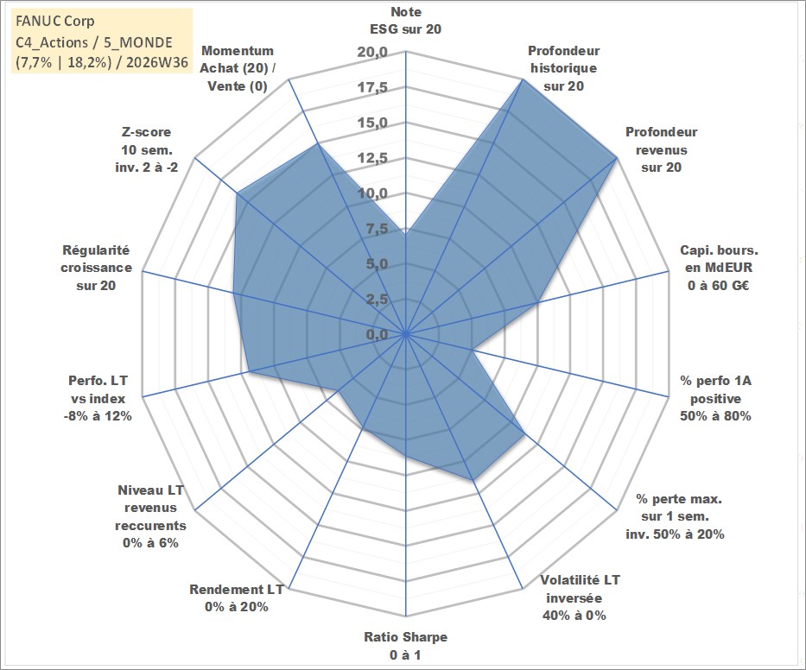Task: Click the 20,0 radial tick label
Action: coord(372,53)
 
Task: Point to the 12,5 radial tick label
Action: coord(372,158)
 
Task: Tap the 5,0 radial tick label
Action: coord(377,264)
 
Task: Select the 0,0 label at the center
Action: coord(377,334)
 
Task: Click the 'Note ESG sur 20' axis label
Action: coord(405,21)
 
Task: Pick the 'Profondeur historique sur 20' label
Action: coord(563,68)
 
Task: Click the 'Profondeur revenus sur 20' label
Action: coord(661,149)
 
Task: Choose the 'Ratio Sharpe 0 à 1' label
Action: coord(405,646)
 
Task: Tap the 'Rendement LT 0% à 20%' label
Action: coord(237,598)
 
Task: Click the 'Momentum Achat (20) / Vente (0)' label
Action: coord(238,68)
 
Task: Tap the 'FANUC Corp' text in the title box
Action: coord(55,21)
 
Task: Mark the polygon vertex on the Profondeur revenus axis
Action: coord(616,159)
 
